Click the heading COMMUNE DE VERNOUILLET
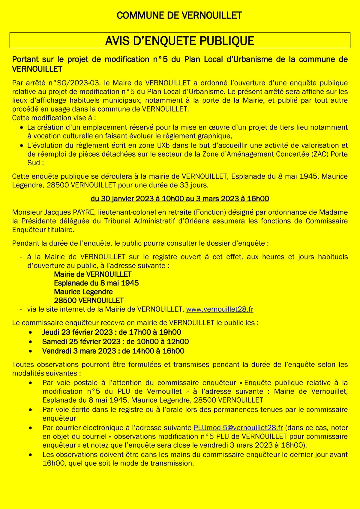coord(179,16)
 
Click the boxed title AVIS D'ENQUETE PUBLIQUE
coord(180,41)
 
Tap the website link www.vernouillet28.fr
coord(220,309)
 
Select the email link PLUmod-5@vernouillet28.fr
coord(238,428)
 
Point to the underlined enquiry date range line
coord(180,199)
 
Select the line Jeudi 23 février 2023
coord(112,332)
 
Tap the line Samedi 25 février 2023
coord(115,342)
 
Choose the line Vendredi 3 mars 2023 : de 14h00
coord(113,351)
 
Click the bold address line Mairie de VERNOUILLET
coord(93,274)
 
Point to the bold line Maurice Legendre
coord(83,292)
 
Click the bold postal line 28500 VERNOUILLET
coord(89,301)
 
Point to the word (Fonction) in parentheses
coord(210,212)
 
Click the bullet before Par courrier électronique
coord(31,428)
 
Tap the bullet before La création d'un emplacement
coord(21,128)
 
